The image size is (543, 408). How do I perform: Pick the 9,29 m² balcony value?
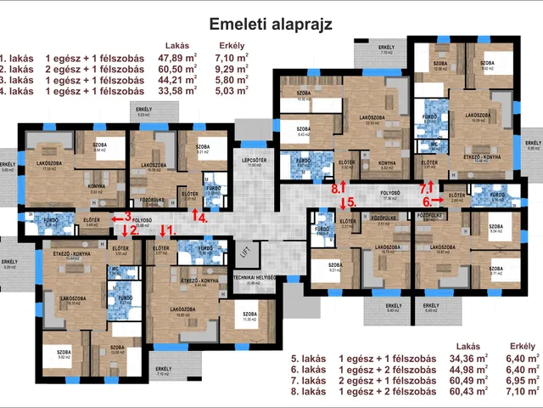232,71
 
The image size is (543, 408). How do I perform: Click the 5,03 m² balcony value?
232,90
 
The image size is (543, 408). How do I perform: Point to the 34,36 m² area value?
467,359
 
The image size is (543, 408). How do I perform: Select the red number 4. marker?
201,218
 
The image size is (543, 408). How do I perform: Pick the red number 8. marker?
338,186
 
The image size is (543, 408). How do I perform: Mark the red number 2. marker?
132,230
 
